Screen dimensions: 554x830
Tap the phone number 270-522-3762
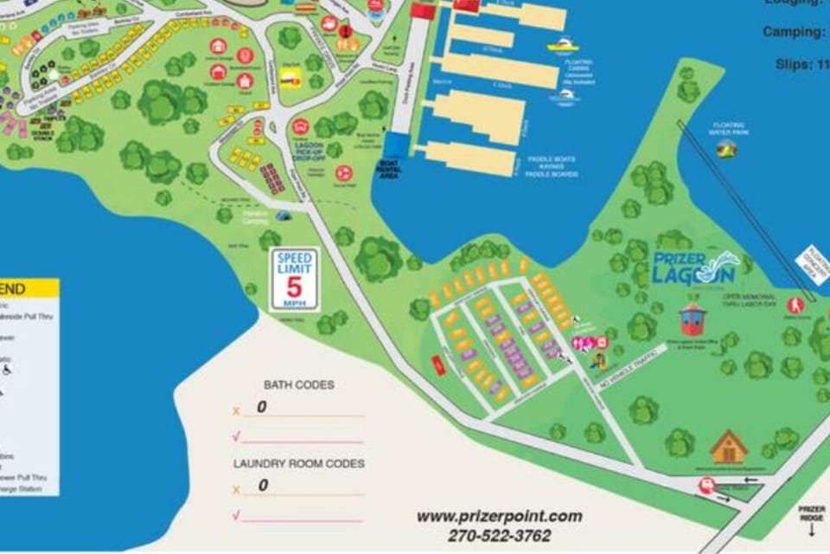(x=499, y=536)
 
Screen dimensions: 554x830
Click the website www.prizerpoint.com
(x=499, y=517)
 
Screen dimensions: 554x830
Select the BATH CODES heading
(x=298, y=384)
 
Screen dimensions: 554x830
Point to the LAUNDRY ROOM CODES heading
(x=298, y=464)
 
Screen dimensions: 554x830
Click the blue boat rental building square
(x=398, y=145)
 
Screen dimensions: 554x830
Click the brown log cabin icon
(x=728, y=447)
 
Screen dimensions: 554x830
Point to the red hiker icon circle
(x=795, y=306)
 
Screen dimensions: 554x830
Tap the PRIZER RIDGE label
(x=811, y=512)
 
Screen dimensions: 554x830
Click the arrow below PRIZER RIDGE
(x=811, y=531)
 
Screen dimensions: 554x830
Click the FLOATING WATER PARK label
(x=728, y=129)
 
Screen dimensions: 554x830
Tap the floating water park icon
(x=727, y=150)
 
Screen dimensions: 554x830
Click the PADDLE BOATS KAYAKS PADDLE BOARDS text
(x=552, y=166)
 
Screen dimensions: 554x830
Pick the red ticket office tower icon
(x=692, y=319)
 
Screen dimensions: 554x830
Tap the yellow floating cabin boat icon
(x=563, y=44)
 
